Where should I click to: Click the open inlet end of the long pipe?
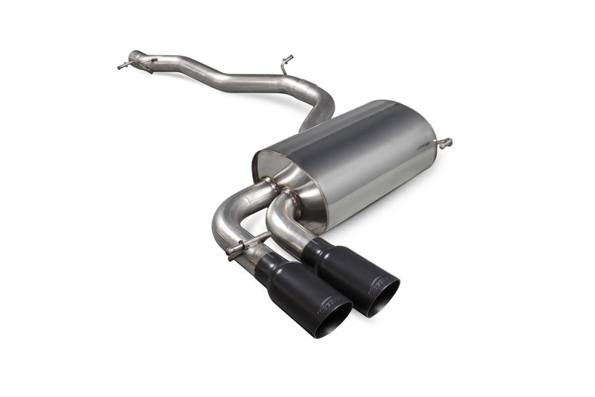click(133, 56)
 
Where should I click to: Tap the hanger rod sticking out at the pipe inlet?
click(123, 66)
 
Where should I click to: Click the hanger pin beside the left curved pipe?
click(237, 249)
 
